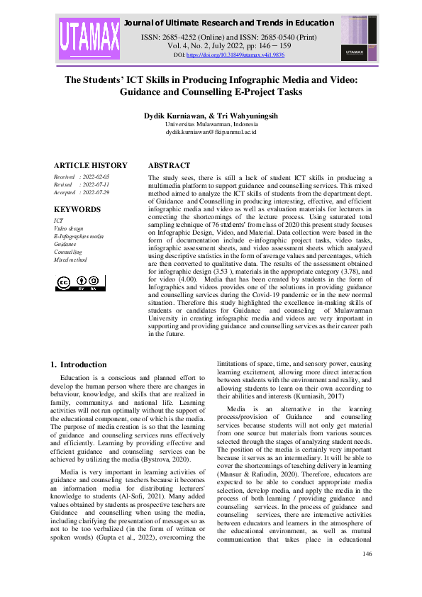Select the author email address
(211, 132)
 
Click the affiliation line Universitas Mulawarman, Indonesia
(211, 123)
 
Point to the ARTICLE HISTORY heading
(91, 165)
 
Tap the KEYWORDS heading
(77, 209)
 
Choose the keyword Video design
(69, 229)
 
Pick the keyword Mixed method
(70, 260)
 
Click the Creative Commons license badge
(80, 284)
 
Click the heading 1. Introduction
(79, 364)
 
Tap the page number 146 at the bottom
(367, 574)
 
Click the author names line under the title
(211, 114)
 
